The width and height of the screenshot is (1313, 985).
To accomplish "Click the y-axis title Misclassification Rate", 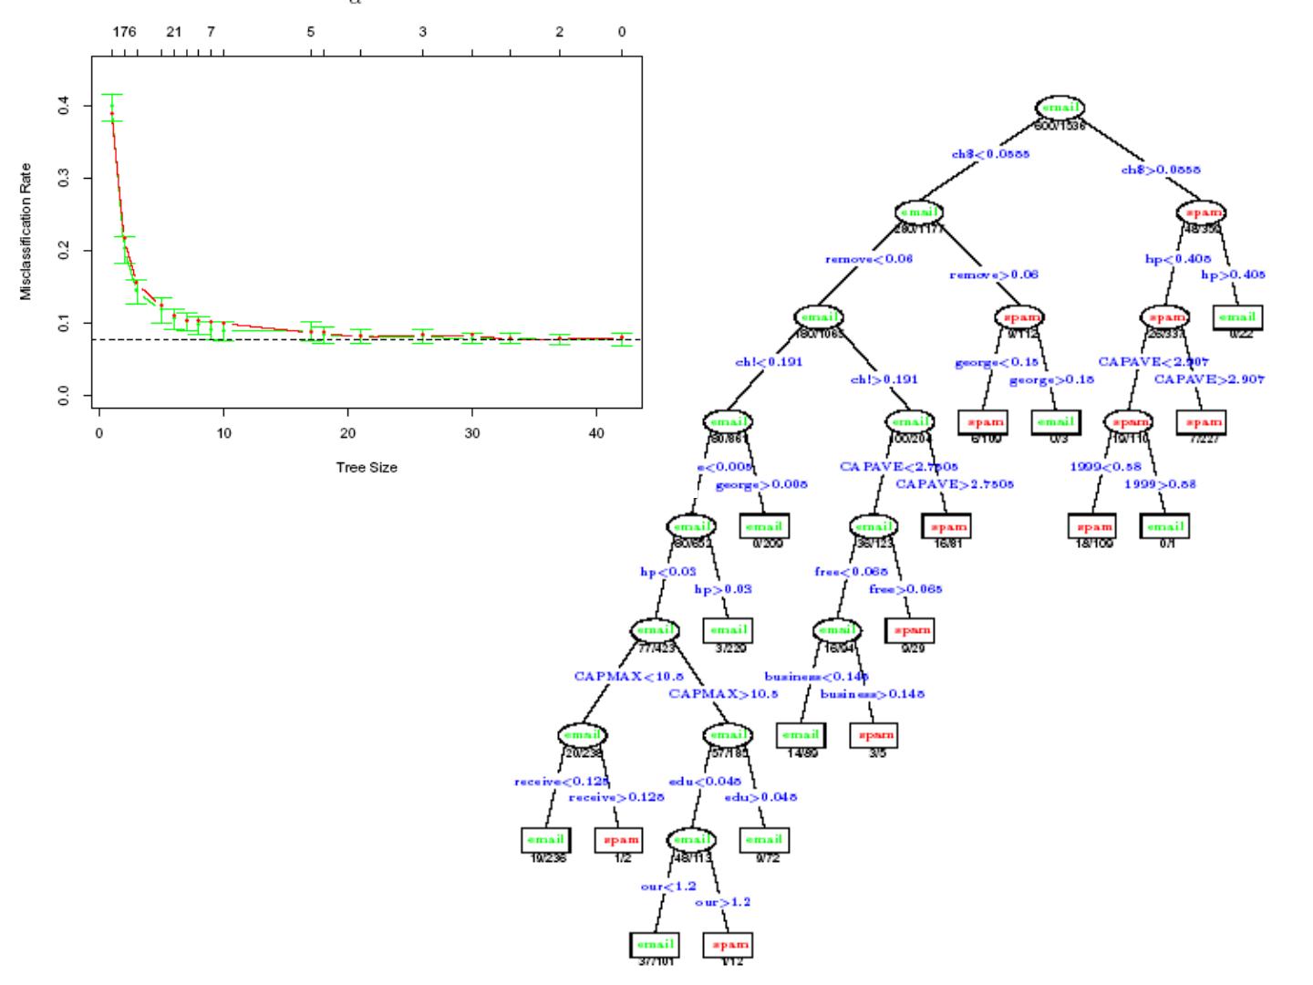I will (26, 232).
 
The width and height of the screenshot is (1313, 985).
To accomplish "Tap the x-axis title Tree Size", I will (367, 468).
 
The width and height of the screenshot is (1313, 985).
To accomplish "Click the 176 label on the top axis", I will (124, 32).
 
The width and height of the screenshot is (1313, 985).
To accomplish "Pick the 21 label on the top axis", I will (174, 32).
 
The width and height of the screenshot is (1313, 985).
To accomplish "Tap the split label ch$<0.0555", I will (990, 154).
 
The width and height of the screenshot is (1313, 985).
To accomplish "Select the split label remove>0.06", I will (994, 274).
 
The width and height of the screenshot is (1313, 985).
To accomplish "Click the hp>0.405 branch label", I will (1233, 274).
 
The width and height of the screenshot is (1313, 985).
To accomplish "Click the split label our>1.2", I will (722, 902).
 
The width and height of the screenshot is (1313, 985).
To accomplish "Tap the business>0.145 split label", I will (872, 693).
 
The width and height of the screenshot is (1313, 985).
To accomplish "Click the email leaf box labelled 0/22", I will (1236, 317).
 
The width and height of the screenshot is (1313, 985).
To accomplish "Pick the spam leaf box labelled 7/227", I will (1202, 422).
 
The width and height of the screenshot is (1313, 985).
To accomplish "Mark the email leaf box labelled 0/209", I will (764, 526).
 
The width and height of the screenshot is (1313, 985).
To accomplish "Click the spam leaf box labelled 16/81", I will (946, 526).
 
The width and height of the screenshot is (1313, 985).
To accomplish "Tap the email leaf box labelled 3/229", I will (728, 629).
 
